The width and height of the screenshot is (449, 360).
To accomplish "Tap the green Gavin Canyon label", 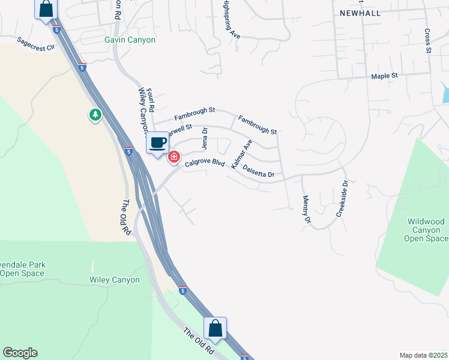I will click(x=130, y=40).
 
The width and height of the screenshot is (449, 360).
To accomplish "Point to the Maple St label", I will click(x=385, y=76).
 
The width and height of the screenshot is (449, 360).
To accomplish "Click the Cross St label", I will click(x=429, y=40).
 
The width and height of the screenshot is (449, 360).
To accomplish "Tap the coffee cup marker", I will click(x=157, y=143).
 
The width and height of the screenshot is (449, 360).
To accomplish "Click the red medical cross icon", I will click(x=174, y=157).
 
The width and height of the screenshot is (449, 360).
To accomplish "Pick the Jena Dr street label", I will click(x=204, y=138).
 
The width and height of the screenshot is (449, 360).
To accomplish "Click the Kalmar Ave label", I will click(x=241, y=154).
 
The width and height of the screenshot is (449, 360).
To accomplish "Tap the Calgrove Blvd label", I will click(x=205, y=163).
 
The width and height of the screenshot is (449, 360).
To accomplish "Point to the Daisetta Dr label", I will click(x=258, y=172).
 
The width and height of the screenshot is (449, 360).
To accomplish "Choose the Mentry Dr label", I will click(x=307, y=210).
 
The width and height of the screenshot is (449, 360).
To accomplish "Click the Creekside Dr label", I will click(x=343, y=199).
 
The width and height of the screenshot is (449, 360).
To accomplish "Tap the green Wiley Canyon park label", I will click(x=114, y=280).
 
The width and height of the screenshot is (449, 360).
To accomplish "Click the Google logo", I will click(x=20, y=353).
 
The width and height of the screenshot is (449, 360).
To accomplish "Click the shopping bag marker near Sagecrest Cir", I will click(x=46, y=9).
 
